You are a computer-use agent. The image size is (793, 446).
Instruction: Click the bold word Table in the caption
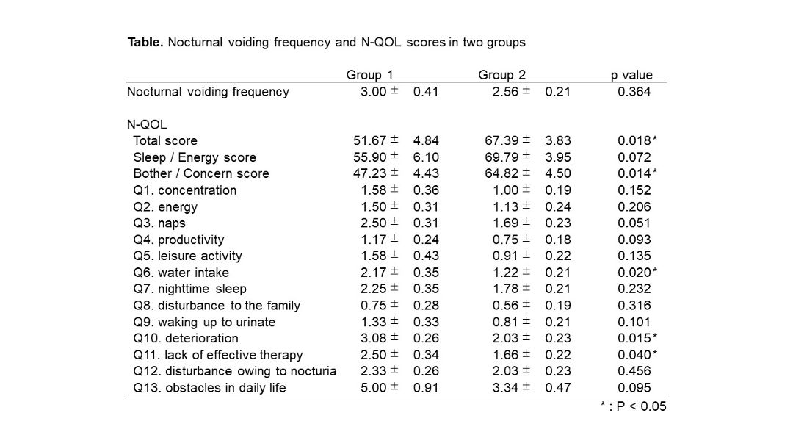point(145,42)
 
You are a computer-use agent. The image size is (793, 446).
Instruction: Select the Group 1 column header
point(369,75)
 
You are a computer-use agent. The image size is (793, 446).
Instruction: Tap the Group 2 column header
point(501,75)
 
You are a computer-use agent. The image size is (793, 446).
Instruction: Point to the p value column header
point(631,76)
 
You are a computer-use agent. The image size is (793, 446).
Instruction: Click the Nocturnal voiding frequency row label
point(208,92)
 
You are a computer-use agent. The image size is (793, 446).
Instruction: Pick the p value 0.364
point(634,92)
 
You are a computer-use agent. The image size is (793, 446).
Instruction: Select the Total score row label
point(165,141)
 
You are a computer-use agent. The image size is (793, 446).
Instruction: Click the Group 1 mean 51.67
point(369,140)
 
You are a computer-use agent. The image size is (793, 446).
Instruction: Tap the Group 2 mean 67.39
point(501,140)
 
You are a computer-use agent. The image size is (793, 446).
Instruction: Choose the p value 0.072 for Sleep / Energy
point(634,157)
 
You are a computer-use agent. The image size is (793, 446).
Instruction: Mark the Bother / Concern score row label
point(200,173)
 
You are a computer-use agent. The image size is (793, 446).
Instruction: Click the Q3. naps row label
point(159,223)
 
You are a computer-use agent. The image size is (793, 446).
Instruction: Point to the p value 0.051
point(634,223)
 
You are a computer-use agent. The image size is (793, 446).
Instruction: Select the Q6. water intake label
point(181,273)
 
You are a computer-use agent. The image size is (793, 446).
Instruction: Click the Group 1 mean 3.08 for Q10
point(373,338)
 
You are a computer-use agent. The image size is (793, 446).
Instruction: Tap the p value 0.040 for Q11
point(634,355)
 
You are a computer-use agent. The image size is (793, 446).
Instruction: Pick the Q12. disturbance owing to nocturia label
point(235,371)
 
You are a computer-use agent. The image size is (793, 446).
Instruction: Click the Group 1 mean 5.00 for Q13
point(373,388)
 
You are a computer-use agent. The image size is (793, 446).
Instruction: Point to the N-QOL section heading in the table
point(147,124)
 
